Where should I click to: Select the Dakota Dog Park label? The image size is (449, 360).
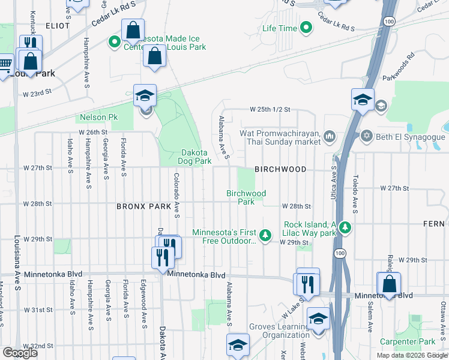[194, 157]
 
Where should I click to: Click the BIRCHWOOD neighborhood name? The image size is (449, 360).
[280, 170]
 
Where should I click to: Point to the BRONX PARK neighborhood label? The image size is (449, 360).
[144, 206]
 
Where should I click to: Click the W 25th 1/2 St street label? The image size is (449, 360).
[270, 110]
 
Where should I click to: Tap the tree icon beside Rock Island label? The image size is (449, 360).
[345, 227]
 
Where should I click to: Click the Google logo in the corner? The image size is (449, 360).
[20, 353]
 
